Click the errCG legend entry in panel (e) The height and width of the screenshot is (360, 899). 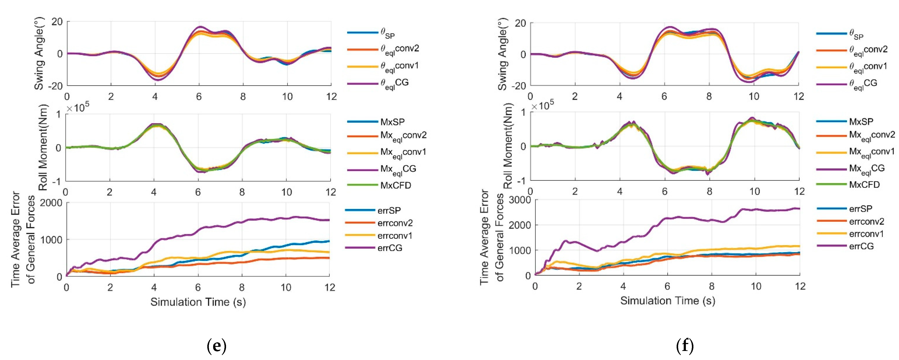pyautogui.click(x=390, y=248)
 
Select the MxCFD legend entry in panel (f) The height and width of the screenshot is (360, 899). pyautogui.click(x=865, y=185)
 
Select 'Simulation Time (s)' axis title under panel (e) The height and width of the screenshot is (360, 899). pyautogui.click(x=198, y=302)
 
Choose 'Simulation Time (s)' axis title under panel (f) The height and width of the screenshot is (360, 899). pyautogui.click(x=667, y=301)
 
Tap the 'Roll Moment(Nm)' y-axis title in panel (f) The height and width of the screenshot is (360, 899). pyautogui.click(x=508, y=146)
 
